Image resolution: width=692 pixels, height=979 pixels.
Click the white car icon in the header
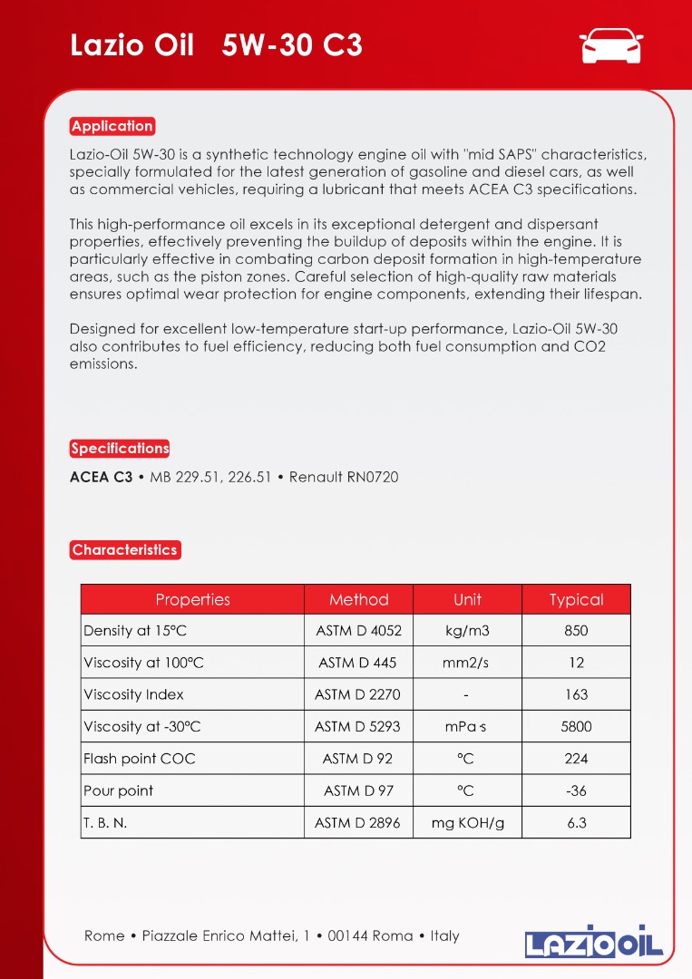(x=610, y=45)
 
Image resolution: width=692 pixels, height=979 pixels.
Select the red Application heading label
(x=112, y=126)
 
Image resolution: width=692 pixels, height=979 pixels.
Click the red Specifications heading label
(x=120, y=449)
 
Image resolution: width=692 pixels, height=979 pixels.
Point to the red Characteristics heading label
(x=125, y=550)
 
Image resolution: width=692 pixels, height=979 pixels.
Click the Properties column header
(x=192, y=599)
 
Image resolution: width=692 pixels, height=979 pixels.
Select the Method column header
(x=358, y=599)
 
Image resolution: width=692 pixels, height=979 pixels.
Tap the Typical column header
(x=576, y=599)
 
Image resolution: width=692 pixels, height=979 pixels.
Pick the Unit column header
(x=467, y=599)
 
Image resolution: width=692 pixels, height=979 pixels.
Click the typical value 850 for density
(x=576, y=631)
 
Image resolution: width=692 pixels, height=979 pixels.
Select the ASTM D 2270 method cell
(x=357, y=694)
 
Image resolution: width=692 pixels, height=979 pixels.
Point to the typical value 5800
(x=576, y=726)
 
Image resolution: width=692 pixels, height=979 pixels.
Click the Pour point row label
(x=119, y=790)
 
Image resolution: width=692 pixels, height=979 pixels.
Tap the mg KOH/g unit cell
(x=467, y=823)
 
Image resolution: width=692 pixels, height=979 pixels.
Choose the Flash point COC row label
(x=140, y=759)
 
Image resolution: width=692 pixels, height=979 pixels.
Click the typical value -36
(x=576, y=790)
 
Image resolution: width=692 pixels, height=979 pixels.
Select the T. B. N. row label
(x=105, y=823)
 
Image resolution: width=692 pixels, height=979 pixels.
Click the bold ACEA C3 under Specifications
(x=101, y=477)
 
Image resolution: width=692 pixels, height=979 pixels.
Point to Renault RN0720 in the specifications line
(x=344, y=477)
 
